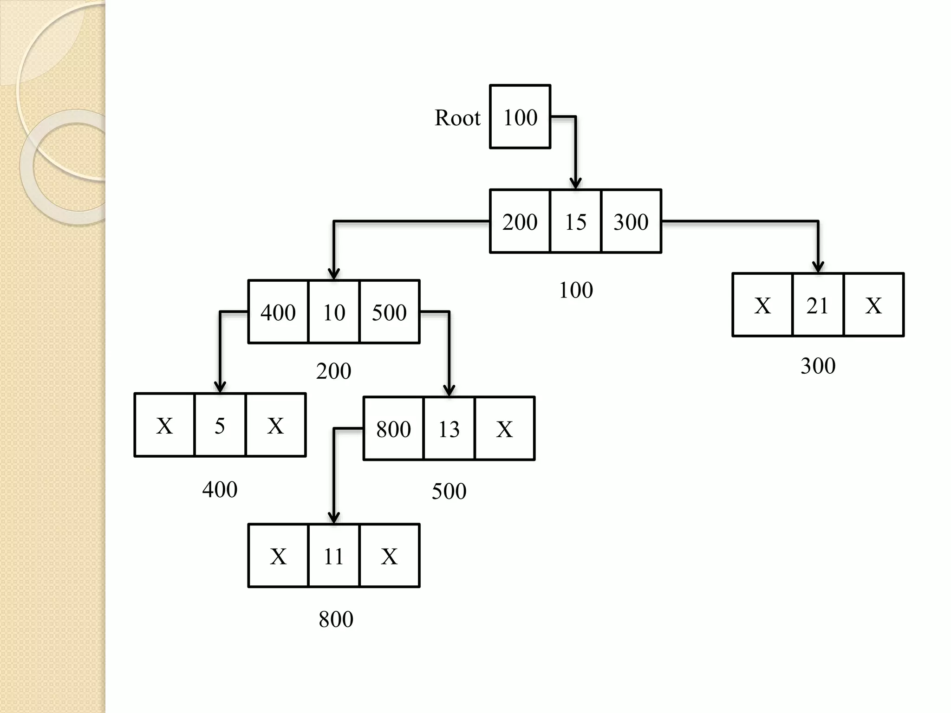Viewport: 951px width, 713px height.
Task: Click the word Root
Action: (457, 118)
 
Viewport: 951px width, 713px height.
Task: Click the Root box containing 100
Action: (520, 117)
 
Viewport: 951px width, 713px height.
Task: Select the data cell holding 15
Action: (575, 221)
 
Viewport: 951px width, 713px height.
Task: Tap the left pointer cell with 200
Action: (520, 221)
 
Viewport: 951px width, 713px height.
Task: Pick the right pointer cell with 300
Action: (631, 221)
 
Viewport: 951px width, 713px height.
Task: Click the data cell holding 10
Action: (334, 312)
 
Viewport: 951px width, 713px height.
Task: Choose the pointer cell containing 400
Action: (278, 312)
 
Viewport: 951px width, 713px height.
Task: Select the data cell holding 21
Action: (818, 305)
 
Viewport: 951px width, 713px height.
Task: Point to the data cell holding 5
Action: (220, 425)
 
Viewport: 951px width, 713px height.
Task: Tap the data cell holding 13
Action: (449, 428)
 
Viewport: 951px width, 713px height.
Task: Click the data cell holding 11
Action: (333, 556)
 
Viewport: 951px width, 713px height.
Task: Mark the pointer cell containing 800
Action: (393, 428)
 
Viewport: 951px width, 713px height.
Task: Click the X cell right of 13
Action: (505, 428)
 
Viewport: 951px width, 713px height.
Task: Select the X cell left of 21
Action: (762, 305)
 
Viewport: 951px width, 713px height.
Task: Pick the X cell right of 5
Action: (275, 425)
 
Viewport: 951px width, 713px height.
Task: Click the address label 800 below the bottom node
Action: (336, 619)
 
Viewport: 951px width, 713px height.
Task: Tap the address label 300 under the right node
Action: (818, 366)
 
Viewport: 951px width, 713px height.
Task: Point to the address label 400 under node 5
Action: (220, 489)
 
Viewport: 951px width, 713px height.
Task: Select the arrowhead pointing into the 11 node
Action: (334, 518)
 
